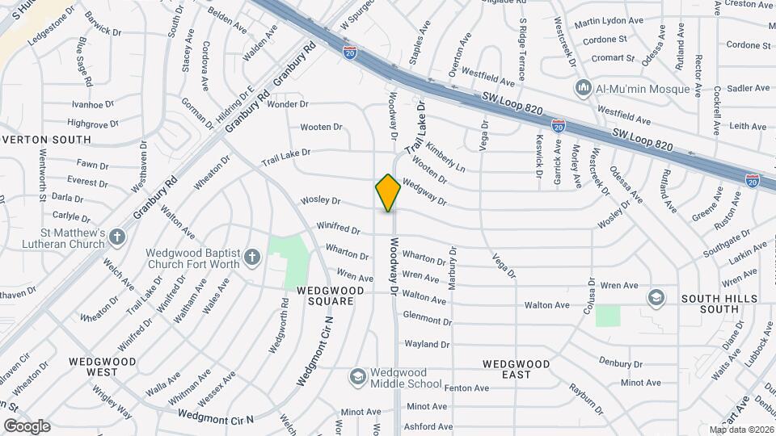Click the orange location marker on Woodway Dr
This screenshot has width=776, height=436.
(388, 192)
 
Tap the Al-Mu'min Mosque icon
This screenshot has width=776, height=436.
(583, 87)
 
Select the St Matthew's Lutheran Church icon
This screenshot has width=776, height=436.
(118, 237)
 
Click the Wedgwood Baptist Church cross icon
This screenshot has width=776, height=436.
(252, 258)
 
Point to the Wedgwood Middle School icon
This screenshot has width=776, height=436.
(357, 377)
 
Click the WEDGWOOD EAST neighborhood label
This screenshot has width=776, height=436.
(517, 369)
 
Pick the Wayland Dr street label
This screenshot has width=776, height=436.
(427, 344)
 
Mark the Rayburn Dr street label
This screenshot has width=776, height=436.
(585, 398)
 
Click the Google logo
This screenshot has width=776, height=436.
(27, 426)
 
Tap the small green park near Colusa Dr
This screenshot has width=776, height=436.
(608, 316)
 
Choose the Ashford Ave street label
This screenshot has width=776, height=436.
(428, 426)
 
